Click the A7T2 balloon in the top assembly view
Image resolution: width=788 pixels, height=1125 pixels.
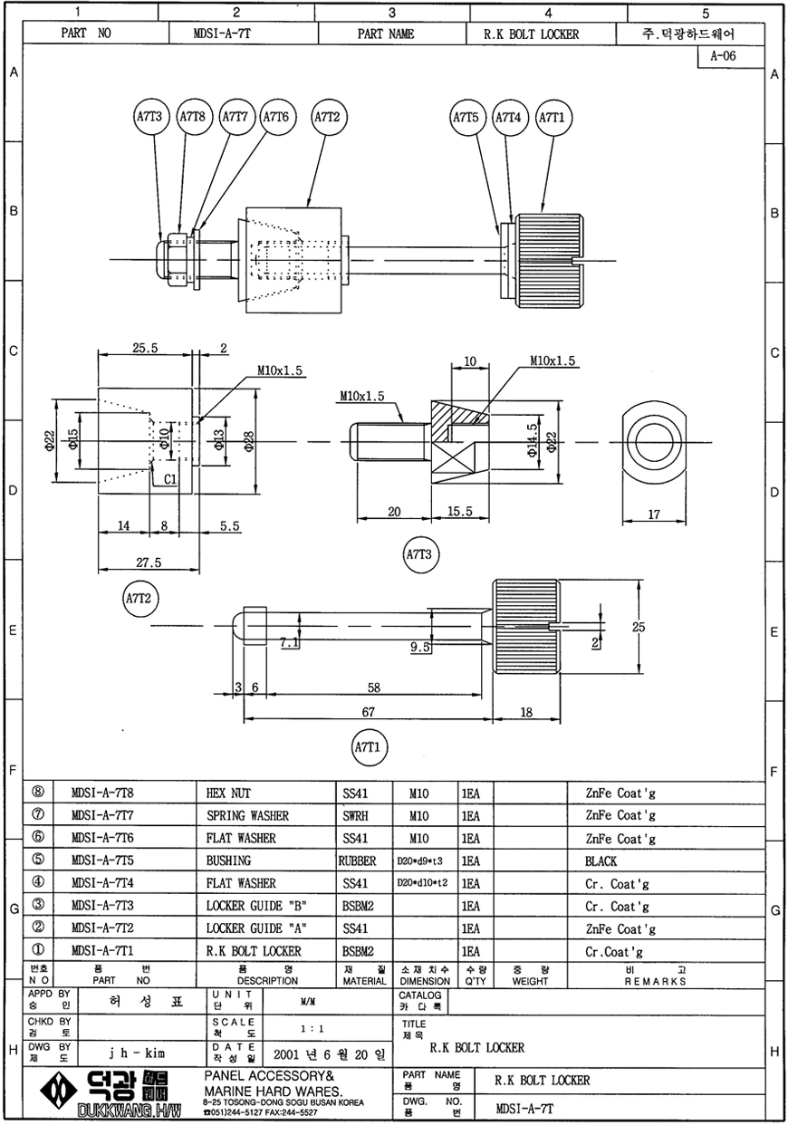(326, 117)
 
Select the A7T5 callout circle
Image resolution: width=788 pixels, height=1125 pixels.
(466, 117)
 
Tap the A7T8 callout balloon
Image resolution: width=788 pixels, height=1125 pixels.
(193, 117)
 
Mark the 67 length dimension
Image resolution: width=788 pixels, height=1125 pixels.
(368, 712)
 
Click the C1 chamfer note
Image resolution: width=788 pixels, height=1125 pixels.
(171, 478)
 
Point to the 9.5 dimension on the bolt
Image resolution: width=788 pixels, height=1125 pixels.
(419, 647)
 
